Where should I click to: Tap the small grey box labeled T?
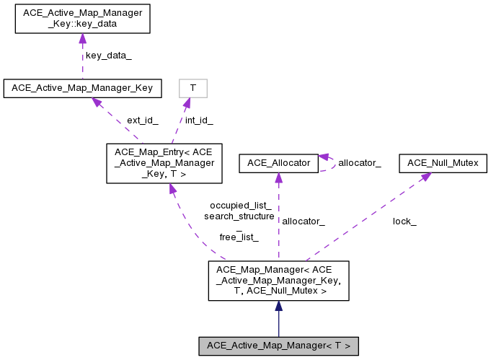(x=193, y=88)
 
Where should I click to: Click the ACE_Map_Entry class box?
(x=164, y=163)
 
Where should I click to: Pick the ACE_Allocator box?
(x=278, y=164)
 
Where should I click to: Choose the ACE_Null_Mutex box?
(x=443, y=164)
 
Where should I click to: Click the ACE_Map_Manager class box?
(x=278, y=281)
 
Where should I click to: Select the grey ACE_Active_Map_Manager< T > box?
(x=278, y=346)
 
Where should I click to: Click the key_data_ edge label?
(x=108, y=55)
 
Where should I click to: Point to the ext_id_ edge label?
(x=142, y=120)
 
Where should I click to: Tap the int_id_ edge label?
(x=199, y=120)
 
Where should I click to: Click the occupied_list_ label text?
(x=240, y=205)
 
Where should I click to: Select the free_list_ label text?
(x=239, y=237)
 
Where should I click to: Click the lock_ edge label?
(x=404, y=221)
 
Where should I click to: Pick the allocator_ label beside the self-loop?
(x=359, y=164)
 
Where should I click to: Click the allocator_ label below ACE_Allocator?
(x=303, y=221)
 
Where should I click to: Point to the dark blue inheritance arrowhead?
(x=278, y=307)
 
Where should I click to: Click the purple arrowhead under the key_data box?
(x=82, y=38)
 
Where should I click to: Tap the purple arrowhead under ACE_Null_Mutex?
(x=425, y=177)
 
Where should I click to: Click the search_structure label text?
(x=239, y=216)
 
